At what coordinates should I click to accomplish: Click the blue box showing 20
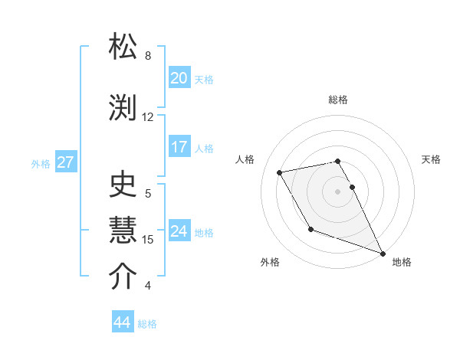179,77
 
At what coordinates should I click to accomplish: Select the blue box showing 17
179,147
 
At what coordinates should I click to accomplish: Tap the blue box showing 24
179,231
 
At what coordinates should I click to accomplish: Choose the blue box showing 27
65,162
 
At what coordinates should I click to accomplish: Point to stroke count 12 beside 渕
148,117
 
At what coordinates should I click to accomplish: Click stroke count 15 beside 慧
148,240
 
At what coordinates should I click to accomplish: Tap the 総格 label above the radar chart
338,100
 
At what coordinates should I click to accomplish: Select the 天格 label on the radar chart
431,159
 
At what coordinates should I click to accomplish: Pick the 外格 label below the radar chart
270,262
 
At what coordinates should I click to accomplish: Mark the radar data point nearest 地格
383,253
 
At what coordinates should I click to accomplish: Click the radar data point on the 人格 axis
280,172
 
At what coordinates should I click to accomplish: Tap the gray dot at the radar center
338,191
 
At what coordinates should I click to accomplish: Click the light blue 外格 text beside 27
41,163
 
